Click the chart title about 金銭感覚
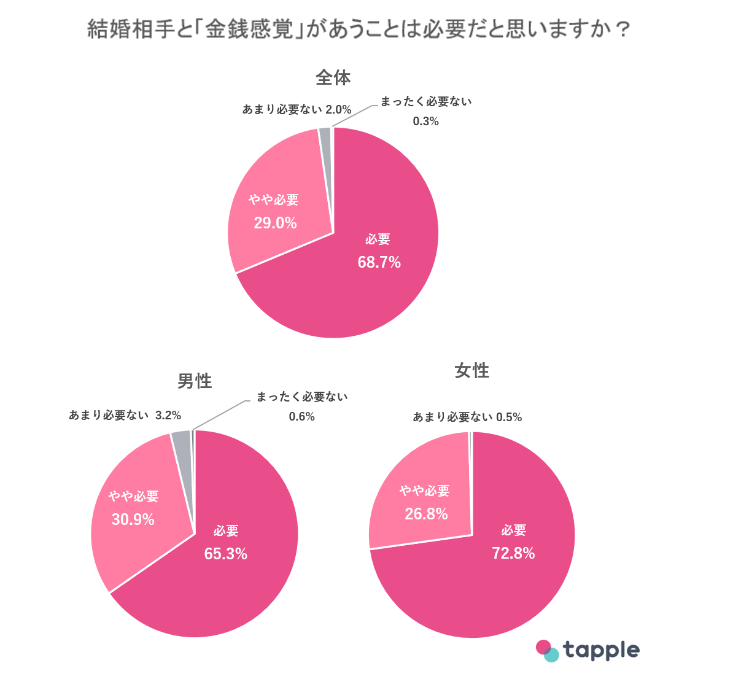pos(359,29)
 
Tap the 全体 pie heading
pos(333,78)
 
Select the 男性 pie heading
pos(195,381)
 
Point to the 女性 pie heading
pos(471,371)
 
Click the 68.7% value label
pos(379,263)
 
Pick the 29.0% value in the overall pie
pos(275,223)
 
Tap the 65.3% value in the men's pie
pos(225,554)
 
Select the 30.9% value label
pos(133,520)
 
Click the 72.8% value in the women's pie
pos(513,553)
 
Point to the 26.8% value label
pos(426,514)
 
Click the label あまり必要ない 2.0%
pos(297,110)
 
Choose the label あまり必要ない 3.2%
pos(125,416)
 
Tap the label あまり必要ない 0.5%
pos(467,417)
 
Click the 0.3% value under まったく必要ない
pos(425,122)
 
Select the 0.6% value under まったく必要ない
pos(301,417)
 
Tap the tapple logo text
pos(601,650)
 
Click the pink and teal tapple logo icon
pos(547,651)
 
